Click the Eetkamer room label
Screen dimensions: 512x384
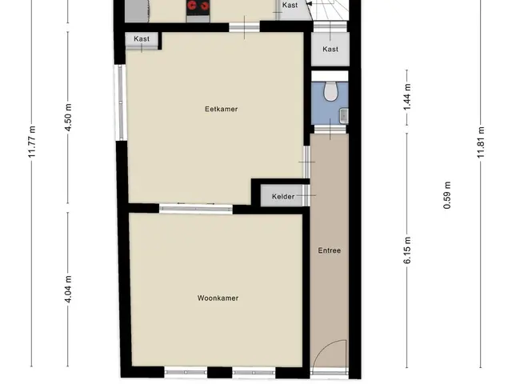[221, 109]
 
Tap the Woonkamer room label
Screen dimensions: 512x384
[218, 298]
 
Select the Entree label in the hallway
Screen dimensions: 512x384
[329, 250]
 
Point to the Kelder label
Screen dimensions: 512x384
[283, 197]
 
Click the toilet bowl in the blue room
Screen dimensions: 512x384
[330, 90]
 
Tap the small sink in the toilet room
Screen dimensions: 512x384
[344, 116]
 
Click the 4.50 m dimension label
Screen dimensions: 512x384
[68, 118]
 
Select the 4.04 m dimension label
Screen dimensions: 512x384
[68, 290]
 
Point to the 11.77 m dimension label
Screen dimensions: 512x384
[32, 142]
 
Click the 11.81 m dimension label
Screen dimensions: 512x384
[481, 142]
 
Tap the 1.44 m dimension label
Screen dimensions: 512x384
[407, 98]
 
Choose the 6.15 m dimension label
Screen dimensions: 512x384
[407, 250]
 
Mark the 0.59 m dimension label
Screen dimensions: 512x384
[447, 195]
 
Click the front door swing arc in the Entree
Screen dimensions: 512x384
[322, 347]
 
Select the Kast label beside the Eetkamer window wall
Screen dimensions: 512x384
[142, 39]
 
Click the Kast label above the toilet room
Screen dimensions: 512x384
[330, 50]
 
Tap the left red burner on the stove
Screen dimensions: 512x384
[192, 6]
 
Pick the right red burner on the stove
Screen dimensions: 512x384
[204, 6]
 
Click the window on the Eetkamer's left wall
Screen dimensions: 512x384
[120, 102]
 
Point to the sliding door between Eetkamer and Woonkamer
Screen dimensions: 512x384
[196, 208]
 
